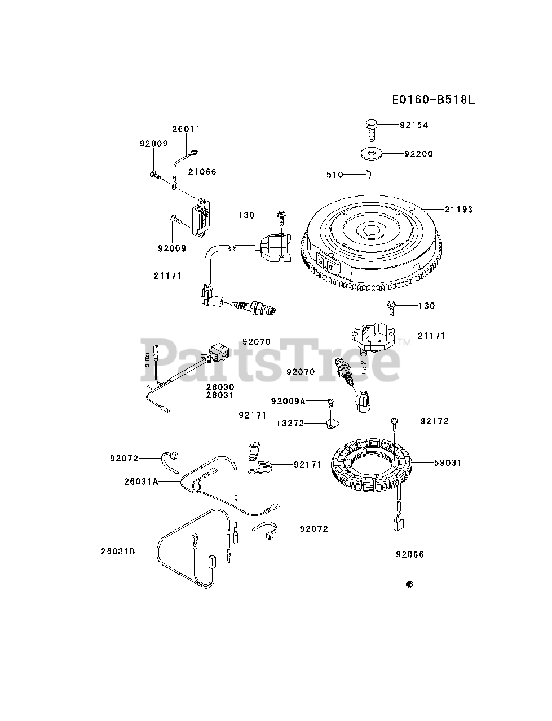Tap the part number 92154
414,125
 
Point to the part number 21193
459,209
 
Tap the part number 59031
448,462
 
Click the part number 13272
290,422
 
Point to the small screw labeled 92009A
332,402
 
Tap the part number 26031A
141,482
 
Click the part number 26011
186,128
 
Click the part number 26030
220,387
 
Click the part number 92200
418,154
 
